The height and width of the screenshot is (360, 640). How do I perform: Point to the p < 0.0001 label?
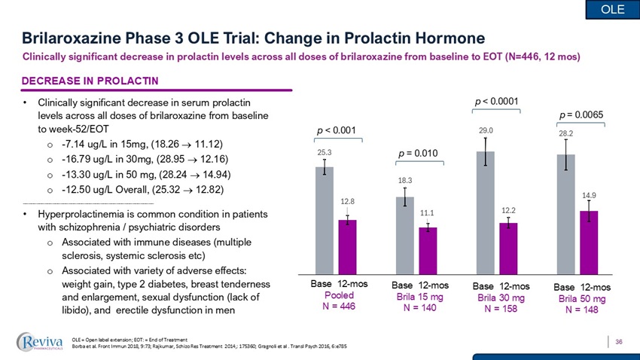tap(497, 100)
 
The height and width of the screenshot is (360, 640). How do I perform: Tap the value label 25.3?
tap(324, 151)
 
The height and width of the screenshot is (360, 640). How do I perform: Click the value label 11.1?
tap(428, 213)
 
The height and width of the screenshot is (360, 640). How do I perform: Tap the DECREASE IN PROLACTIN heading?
tap(90, 81)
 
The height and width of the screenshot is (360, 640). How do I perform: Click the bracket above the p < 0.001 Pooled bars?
tap(338, 139)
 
